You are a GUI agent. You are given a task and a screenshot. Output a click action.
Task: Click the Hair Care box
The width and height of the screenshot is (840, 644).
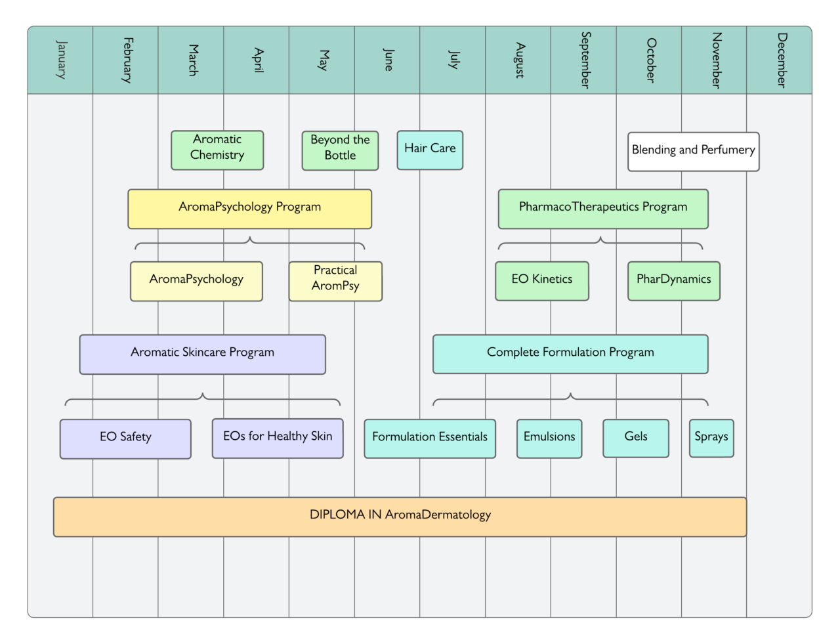pyautogui.click(x=430, y=150)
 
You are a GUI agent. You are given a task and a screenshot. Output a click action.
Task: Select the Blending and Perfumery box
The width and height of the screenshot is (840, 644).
pyautogui.click(x=694, y=152)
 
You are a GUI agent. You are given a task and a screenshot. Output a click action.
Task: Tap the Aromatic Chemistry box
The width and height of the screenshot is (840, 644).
pyautogui.click(x=217, y=150)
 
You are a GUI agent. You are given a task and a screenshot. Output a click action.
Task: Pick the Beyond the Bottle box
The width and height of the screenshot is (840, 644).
pyautogui.click(x=340, y=150)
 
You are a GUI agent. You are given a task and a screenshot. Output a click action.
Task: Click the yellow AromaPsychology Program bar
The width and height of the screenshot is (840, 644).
pyautogui.click(x=250, y=209)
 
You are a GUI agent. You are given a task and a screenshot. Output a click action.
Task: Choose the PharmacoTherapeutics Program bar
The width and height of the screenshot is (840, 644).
pyautogui.click(x=603, y=209)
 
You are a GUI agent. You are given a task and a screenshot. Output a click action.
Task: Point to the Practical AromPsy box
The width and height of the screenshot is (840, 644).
pyautogui.click(x=335, y=281)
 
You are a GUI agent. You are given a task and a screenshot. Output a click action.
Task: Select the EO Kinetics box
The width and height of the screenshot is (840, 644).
pyautogui.click(x=542, y=281)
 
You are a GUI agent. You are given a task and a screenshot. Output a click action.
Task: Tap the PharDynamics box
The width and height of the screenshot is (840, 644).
pyautogui.click(x=674, y=281)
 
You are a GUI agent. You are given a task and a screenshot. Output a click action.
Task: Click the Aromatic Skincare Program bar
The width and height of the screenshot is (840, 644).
pyautogui.click(x=203, y=354)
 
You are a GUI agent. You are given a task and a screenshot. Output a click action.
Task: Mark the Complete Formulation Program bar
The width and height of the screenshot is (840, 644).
pyautogui.click(x=570, y=354)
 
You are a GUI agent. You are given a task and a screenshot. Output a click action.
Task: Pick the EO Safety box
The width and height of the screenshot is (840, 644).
pyautogui.click(x=125, y=439)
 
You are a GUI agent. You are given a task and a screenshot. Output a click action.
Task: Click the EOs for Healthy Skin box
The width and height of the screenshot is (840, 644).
pyautogui.click(x=278, y=439)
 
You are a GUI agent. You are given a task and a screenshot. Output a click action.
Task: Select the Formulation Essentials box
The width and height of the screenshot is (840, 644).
pyautogui.click(x=430, y=439)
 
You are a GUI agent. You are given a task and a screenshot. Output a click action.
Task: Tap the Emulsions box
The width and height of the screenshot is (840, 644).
pyautogui.click(x=549, y=439)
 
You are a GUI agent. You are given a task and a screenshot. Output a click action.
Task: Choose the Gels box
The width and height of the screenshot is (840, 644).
pyautogui.click(x=636, y=439)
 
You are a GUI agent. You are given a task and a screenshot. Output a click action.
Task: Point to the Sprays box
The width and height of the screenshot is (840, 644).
pyautogui.click(x=711, y=439)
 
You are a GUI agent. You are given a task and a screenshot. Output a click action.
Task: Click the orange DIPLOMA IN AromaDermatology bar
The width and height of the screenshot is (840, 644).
pyautogui.click(x=400, y=517)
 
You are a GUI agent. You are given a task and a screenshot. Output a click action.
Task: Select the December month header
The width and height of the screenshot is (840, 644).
pyautogui.click(x=780, y=60)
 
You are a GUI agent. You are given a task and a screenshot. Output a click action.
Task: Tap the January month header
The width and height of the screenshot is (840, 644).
pyautogui.click(x=60, y=60)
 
